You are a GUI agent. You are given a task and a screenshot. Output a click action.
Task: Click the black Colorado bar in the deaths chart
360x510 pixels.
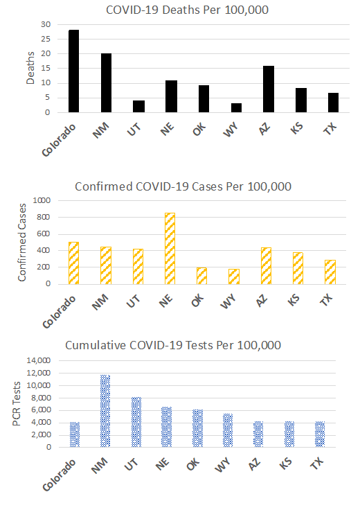(x=73, y=71)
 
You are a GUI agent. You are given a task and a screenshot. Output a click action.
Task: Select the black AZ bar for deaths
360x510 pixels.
(x=269, y=89)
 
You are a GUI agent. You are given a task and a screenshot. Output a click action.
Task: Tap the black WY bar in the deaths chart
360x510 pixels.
(x=236, y=108)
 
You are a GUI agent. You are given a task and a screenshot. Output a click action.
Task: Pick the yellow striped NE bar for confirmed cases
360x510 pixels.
(x=170, y=249)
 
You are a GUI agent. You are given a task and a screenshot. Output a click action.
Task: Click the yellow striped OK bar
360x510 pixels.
(x=201, y=276)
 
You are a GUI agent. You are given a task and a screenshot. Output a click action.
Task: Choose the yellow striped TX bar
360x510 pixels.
(x=330, y=272)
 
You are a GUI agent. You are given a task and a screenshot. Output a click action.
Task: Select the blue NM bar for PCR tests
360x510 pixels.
(x=105, y=411)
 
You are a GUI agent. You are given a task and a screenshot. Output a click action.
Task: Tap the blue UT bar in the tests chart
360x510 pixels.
(x=136, y=422)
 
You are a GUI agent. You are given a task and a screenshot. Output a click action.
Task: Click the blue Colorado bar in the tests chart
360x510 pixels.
(x=75, y=434)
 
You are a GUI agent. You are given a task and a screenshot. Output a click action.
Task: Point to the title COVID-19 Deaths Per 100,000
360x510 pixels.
(x=187, y=10)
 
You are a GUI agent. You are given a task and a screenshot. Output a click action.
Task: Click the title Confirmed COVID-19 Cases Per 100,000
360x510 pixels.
(x=183, y=186)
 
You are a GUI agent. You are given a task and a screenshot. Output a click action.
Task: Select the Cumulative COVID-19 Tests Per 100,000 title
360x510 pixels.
(x=173, y=345)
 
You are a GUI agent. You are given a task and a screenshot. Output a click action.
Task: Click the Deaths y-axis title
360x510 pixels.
(x=30, y=68)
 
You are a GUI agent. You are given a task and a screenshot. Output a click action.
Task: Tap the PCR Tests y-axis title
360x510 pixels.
(x=16, y=404)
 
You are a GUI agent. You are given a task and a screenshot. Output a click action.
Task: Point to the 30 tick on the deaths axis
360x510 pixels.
(x=46, y=24)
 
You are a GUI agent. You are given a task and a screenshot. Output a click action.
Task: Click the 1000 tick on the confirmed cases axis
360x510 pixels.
(x=42, y=200)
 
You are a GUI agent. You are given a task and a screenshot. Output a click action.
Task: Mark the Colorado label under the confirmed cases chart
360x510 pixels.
(x=59, y=312)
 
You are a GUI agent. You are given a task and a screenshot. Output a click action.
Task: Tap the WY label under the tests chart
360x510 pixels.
(x=223, y=464)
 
